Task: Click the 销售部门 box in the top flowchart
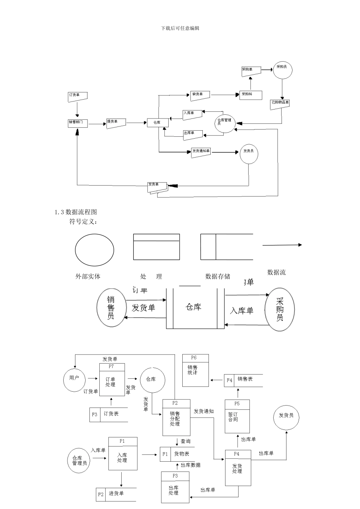coord(78,123)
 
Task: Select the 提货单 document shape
coord(116,123)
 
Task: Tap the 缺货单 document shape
coord(200,95)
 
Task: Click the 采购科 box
coord(250,95)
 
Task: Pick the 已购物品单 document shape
coord(281,104)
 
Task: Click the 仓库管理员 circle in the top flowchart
coord(225,123)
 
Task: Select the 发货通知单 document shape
coord(200,152)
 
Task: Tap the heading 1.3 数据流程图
coord(76,212)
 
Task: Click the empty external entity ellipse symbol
coord(94,250)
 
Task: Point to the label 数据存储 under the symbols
coord(218,276)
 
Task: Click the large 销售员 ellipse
coord(111,308)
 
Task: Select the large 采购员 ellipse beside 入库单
coord(280,310)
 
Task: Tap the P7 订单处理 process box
coord(112,380)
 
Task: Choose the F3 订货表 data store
coord(108,414)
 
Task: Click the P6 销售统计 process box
coord(196,370)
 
